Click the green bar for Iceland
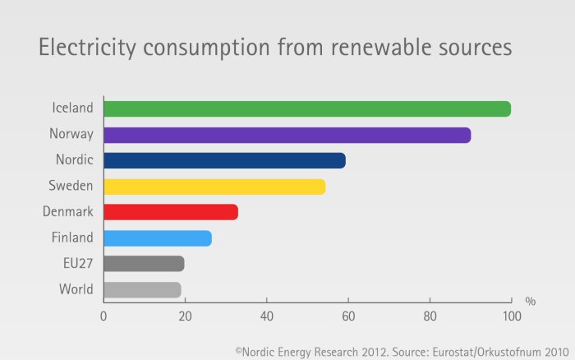[307, 109]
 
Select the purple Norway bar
[287, 135]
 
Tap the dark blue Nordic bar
[224, 160]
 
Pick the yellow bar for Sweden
[214, 187]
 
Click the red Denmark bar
[171, 212]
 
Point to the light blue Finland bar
[158, 238]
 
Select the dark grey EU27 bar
[144, 264]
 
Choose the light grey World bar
[142, 289]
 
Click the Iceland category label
[72, 108]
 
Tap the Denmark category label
[67, 212]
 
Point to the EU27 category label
[76, 264]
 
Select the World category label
[76, 289]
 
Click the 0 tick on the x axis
[104, 316]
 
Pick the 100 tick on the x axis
[511, 316]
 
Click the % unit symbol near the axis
[530, 302]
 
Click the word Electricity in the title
[89, 48]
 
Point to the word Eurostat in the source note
[448, 351]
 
